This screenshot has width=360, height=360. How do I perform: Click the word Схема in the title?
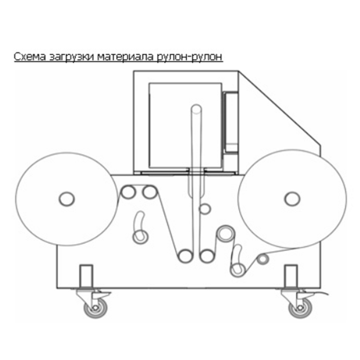(30, 57)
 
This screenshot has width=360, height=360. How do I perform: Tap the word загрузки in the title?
(72, 57)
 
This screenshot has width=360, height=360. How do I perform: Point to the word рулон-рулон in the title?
(190, 57)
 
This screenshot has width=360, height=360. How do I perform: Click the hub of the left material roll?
(67, 199)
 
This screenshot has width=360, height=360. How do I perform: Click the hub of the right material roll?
(292, 199)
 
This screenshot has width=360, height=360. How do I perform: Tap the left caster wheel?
(95, 307)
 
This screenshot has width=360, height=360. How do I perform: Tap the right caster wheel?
(300, 307)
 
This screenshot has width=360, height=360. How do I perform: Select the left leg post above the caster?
(86, 276)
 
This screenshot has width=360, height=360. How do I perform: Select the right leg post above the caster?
(291, 276)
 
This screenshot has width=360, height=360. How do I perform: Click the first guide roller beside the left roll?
(128, 192)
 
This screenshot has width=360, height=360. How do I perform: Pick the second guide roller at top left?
(150, 192)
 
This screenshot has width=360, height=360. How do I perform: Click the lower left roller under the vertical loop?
(185, 256)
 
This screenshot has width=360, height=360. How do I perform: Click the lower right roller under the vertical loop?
(207, 256)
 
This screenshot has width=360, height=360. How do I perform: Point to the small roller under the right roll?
(263, 259)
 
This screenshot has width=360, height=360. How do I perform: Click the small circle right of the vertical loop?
(204, 209)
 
